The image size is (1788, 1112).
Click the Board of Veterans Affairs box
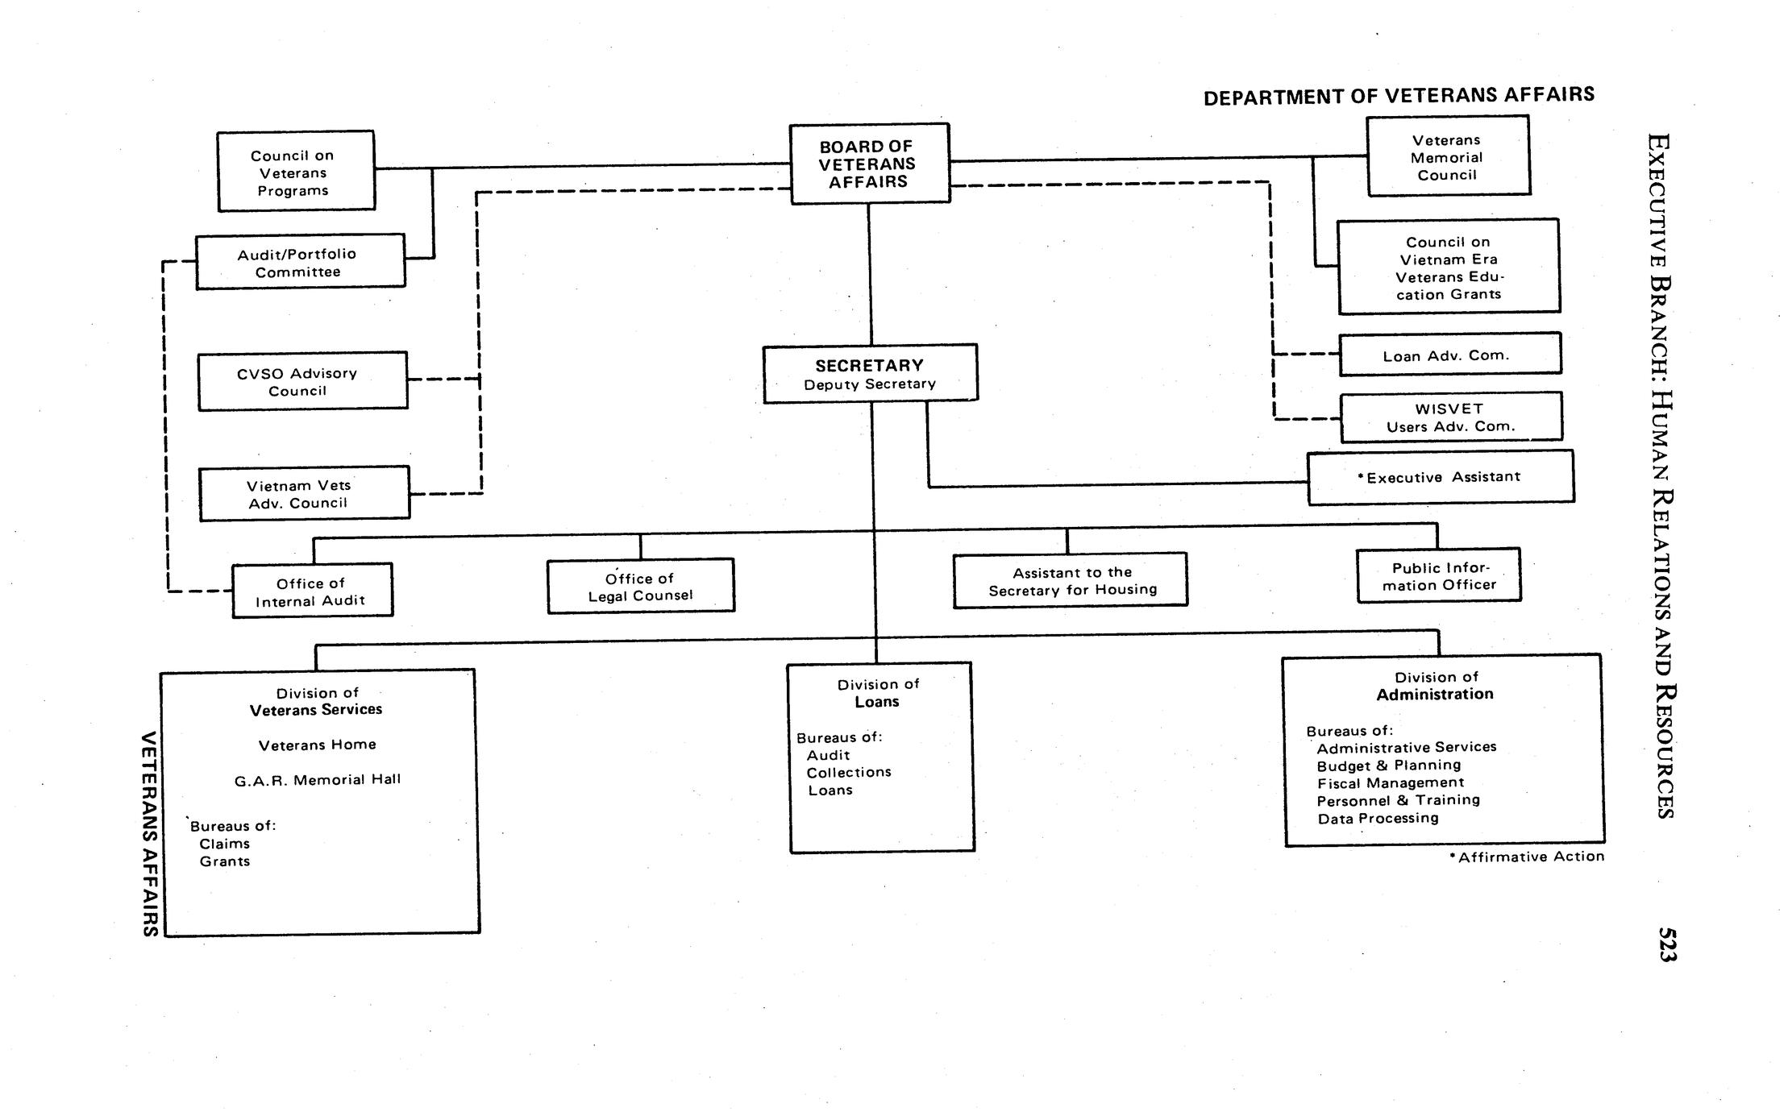tap(869, 164)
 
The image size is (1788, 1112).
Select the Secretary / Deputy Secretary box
tap(870, 374)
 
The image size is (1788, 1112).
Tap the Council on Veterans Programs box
tap(295, 172)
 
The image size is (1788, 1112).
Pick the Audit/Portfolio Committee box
tap(300, 262)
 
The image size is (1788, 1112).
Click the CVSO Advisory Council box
tap(302, 381)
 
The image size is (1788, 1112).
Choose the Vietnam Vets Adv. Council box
tap(304, 494)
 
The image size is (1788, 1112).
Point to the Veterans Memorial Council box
tap(1448, 156)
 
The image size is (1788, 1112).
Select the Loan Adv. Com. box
tap(1449, 355)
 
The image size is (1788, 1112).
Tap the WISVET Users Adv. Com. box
tap(1451, 417)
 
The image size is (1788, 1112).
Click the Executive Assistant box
tap(1440, 477)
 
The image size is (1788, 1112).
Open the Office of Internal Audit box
tap(312, 591)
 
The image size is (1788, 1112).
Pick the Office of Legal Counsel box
tap(640, 587)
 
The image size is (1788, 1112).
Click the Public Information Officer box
tap(1439, 576)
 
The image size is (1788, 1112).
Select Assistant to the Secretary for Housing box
tap(1070, 580)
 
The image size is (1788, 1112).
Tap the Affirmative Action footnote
tap(1526, 857)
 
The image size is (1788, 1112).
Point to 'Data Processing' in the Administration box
tap(1378, 819)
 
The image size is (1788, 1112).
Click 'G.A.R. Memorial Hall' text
tap(318, 780)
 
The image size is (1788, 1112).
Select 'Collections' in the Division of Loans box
tap(849, 772)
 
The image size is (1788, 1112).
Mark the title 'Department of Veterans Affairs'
tap(1399, 96)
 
